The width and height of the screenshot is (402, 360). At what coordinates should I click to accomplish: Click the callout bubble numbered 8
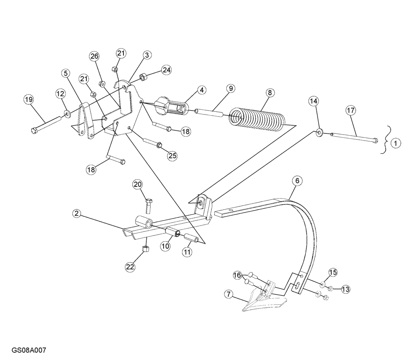[269, 92]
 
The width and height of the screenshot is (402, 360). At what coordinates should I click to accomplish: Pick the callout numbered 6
[297, 181]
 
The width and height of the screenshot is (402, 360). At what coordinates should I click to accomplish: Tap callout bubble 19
[28, 99]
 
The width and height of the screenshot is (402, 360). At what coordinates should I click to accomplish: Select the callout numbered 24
[166, 70]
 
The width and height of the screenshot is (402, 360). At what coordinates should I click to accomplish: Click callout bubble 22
[130, 266]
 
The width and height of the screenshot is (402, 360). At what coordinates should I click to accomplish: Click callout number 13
[346, 289]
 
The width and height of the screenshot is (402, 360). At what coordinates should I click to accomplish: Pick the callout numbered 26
[94, 56]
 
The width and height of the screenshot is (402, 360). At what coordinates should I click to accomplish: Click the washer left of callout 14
[319, 132]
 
